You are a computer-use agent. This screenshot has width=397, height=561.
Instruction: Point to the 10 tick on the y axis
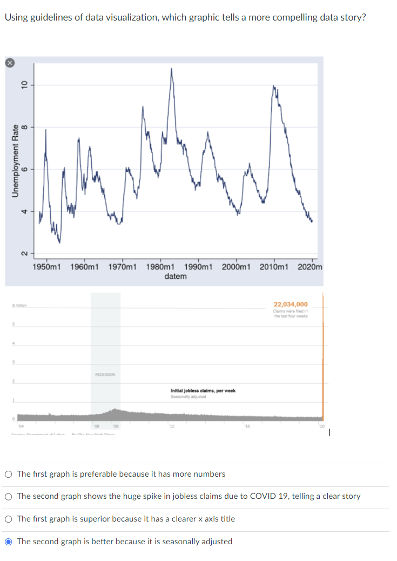click(23, 84)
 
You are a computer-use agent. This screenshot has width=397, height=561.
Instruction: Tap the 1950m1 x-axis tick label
click(46, 267)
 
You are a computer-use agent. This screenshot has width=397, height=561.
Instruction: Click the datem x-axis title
click(176, 276)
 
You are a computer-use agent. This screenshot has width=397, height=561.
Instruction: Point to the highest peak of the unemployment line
click(172, 69)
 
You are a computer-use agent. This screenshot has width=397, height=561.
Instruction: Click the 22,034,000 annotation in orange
click(291, 304)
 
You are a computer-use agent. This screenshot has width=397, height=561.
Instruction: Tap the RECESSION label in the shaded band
click(105, 374)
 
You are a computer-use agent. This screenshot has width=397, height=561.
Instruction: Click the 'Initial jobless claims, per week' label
click(203, 391)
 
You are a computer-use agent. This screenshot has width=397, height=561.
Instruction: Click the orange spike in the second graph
click(322, 357)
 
